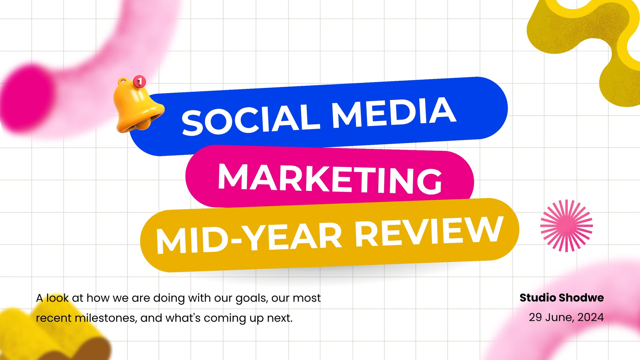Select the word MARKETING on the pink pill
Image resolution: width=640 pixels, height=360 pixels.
330,179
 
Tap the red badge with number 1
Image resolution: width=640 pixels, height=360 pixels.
140,82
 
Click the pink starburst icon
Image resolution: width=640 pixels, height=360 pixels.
566,226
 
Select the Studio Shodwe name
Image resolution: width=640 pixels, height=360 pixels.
562,298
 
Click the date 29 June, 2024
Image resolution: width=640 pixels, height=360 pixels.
566,318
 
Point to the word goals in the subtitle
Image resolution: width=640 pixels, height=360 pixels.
252,298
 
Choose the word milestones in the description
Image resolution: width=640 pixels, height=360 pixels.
105,318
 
